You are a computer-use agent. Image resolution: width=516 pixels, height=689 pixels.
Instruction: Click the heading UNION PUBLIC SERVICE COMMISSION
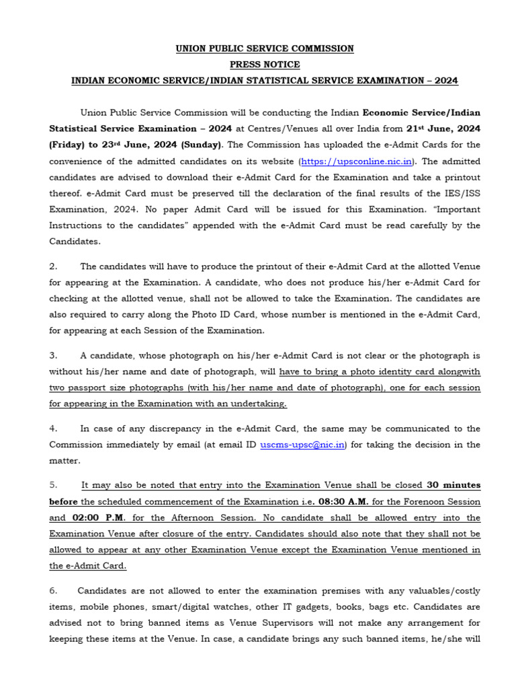[x=264, y=48]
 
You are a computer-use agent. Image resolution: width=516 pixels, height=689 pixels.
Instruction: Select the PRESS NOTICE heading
[x=265, y=65]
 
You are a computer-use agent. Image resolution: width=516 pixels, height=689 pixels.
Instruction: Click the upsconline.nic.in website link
[x=358, y=161]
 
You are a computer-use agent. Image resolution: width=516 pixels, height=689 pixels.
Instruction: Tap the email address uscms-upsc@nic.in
[x=302, y=445]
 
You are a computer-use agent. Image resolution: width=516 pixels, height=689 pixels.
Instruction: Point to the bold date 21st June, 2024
[x=443, y=129]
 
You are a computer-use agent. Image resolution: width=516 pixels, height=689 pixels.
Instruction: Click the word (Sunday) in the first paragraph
[x=201, y=145]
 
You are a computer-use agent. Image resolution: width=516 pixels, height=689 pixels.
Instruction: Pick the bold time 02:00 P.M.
[x=97, y=517]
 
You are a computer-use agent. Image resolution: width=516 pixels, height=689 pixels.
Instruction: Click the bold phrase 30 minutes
[x=454, y=485]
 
